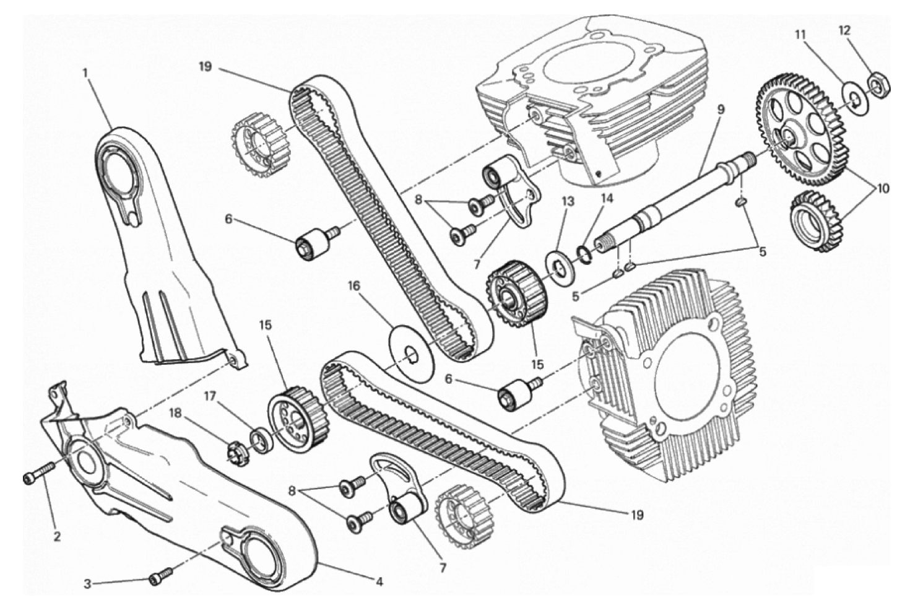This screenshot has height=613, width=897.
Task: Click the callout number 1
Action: tap(85, 73)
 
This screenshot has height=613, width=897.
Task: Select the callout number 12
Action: tap(844, 31)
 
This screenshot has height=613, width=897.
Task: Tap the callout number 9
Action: tap(721, 109)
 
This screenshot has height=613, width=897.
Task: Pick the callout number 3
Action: tap(87, 584)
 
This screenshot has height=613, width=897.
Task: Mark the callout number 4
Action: tap(379, 581)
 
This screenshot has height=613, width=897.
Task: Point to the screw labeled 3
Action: tap(160, 575)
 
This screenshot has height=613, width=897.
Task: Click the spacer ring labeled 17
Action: tap(261, 440)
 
